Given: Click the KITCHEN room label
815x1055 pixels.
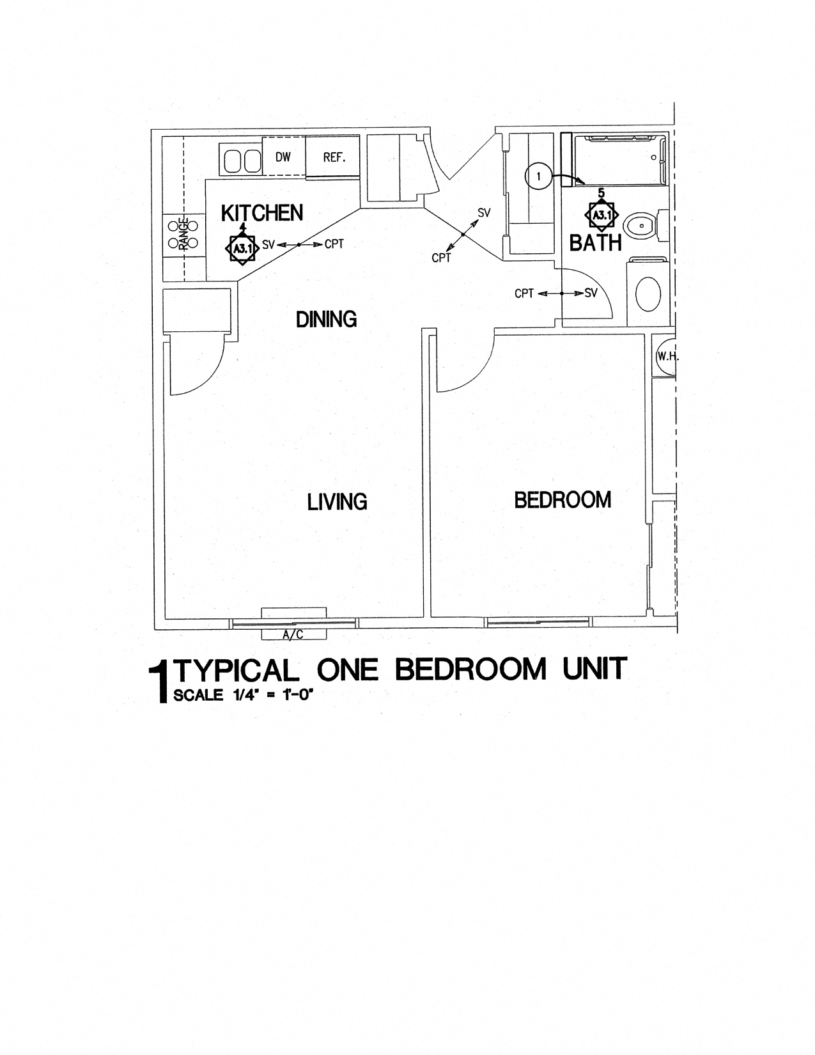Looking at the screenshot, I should (262, 214).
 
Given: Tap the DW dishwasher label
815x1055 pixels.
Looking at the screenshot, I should (283, 157).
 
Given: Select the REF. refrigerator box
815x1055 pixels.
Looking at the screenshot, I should (334, 157).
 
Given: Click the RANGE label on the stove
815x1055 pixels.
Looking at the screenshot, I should (184, 234).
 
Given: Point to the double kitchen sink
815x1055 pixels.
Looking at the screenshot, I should (241, 160).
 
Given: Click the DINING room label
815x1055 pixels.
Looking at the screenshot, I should (326, 318).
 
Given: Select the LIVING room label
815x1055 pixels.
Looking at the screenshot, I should (338, 502).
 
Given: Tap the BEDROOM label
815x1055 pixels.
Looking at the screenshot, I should (563, 500).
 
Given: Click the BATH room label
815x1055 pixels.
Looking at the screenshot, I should (595, 243).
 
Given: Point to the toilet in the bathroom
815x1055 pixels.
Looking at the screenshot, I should (641, 226).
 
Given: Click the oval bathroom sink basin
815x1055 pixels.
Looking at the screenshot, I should (648, 294).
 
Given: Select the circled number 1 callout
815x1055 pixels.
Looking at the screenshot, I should (538, 176).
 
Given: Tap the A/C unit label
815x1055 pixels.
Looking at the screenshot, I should (292, 634).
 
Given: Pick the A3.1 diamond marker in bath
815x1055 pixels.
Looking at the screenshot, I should (601, 215).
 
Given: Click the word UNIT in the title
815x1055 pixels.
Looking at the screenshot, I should (594, 669).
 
